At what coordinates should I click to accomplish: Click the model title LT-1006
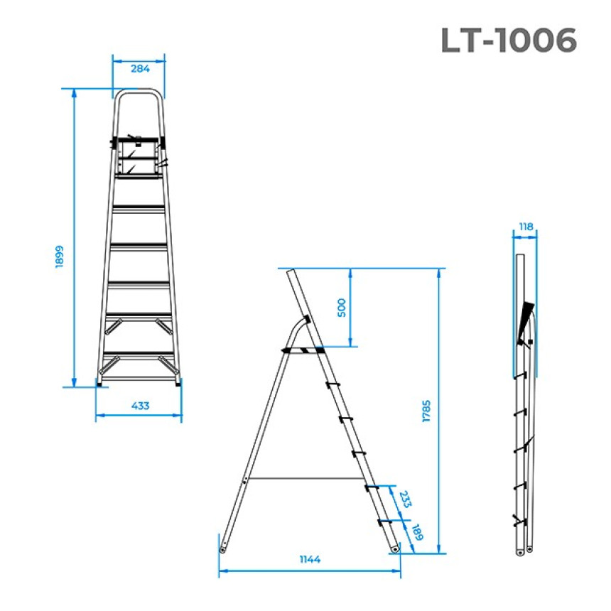tap(509, 40)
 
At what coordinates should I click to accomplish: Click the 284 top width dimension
tap(140, 69)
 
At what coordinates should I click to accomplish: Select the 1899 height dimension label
tap(59, 256)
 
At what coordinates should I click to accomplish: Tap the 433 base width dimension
tap(140, 406)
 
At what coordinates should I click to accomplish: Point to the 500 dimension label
tap(341, 308)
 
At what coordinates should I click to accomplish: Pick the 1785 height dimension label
tap(426, 411)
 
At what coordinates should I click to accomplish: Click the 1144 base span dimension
tap(310, 559)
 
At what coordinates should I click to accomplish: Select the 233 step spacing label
tap(405, 499)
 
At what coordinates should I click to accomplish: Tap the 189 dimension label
tap(417, 532)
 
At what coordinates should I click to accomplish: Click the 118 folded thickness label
tap(526, 227)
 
